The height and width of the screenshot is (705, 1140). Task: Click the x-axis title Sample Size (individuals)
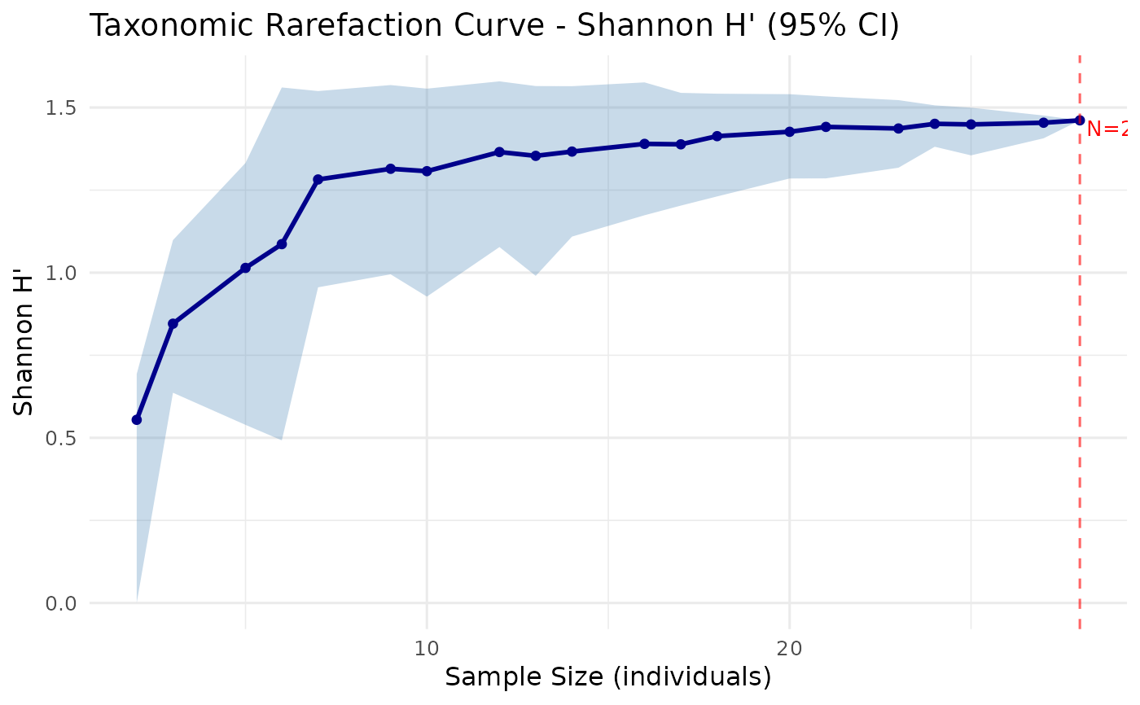click(607, 677)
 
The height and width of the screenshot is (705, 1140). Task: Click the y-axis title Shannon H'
click(25, 355)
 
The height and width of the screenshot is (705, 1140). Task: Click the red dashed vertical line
click(1080, 366)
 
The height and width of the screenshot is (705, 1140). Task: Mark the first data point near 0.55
click(137, 419)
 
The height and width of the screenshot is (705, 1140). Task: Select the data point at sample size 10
click(427, 171)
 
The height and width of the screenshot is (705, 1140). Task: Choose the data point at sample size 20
click(789, 131)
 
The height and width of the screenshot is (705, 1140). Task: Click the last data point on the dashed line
click(1080, 120)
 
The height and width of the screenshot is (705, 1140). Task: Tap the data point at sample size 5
click(245, 268)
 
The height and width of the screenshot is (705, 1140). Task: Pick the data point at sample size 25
click(971, 125)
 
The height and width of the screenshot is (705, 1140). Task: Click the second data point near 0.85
click(173, 324)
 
